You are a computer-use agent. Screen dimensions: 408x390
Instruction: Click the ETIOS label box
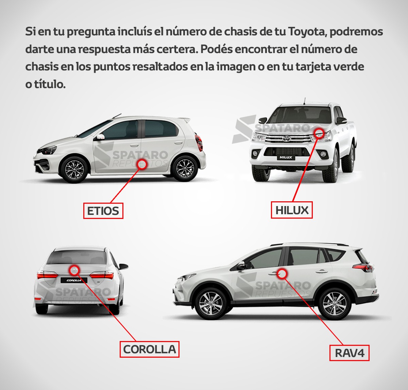103,211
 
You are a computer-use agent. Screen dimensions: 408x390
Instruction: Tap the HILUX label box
292,210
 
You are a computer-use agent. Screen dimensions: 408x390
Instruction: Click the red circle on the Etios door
142,164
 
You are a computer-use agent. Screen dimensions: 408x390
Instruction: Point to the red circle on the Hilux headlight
319,133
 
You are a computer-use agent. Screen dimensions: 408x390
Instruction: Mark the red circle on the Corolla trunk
74,270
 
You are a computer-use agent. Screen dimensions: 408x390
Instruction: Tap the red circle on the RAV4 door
282,274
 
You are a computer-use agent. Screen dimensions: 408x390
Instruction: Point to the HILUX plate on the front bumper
286,157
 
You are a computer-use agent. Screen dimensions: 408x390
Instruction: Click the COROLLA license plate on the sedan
74,280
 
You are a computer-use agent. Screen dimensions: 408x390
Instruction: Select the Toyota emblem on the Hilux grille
285,138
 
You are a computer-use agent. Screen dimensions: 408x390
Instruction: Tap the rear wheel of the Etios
185,168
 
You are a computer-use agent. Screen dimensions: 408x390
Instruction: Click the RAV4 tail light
363,268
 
